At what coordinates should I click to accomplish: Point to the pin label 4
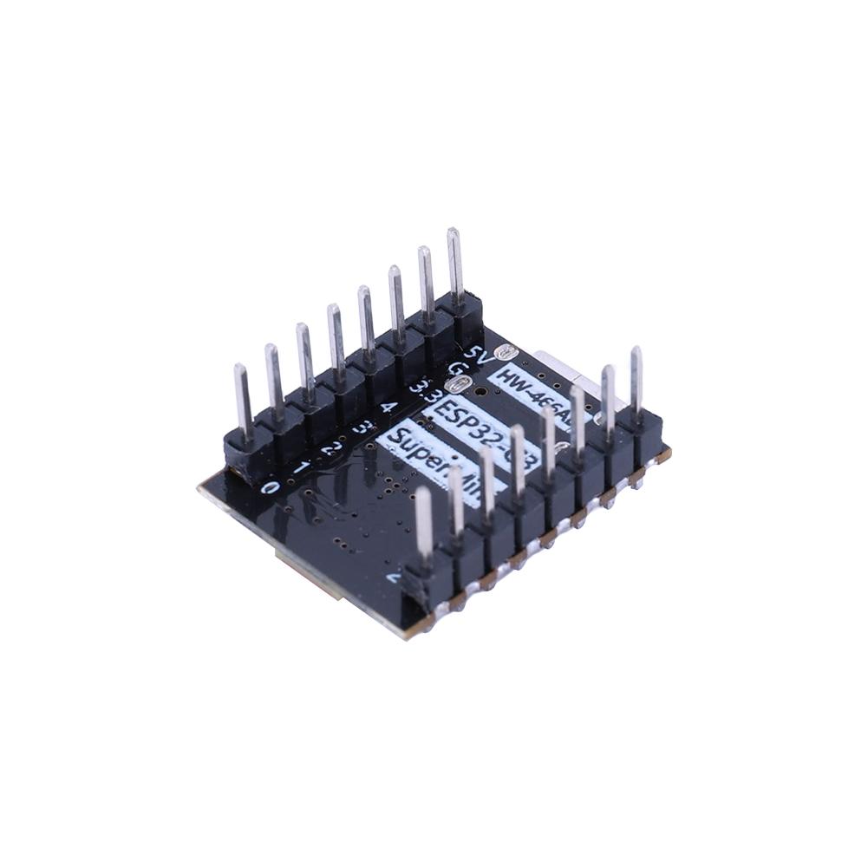coord(388,406)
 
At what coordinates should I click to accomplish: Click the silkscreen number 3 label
coord(360,427)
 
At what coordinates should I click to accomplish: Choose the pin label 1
coord(301,468)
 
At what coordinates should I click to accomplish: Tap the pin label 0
coord(271,488)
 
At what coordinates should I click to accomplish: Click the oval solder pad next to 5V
coord(506,352)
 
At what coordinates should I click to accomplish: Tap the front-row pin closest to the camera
coord(424,520)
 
